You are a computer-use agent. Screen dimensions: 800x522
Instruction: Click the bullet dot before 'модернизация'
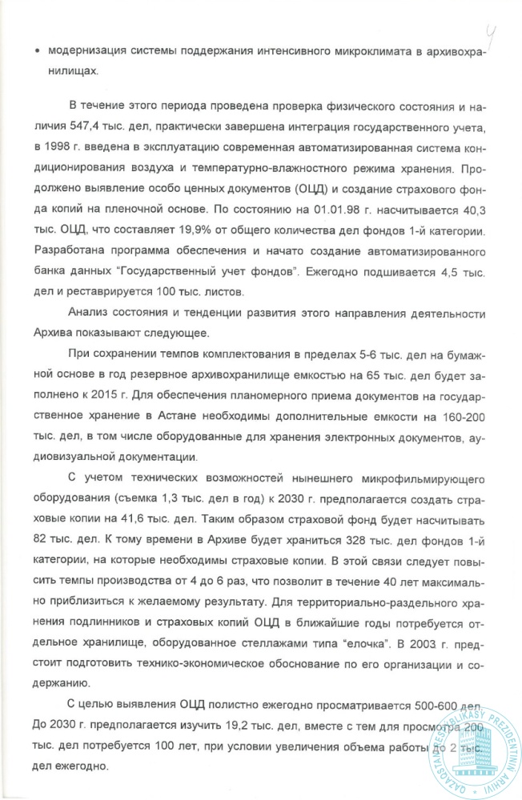coord(38,50)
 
